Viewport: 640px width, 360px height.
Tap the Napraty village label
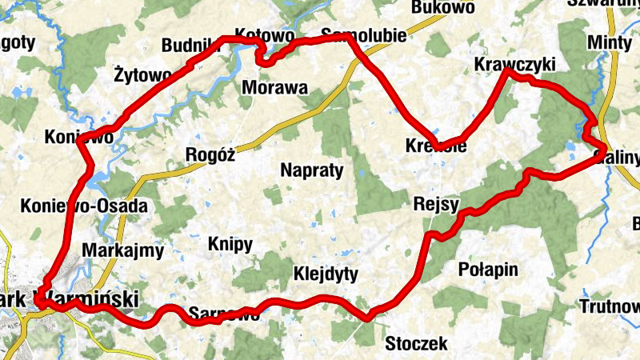pos(312,170)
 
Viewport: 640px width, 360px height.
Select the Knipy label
pos(230,244)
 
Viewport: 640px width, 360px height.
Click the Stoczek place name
pos(416,345)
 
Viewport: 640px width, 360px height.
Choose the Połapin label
pos(490,268)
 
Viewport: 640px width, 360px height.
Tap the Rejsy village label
pos(436,203)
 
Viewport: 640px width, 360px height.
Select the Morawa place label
pos(274,87)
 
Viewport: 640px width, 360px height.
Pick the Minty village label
pos(610,42)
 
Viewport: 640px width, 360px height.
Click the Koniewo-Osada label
pos(85,206)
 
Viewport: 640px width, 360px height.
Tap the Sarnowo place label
pos(224,314)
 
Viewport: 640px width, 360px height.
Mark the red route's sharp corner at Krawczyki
pos(506,72)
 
